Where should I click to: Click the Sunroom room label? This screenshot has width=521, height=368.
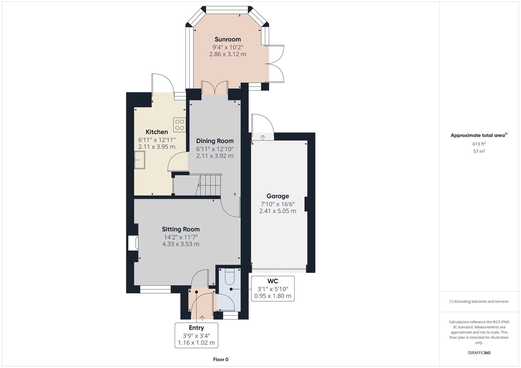click(x=228, y=39)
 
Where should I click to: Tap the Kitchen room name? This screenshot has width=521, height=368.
click(x=157, y=132)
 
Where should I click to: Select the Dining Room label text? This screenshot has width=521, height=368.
click(x=215, y=141)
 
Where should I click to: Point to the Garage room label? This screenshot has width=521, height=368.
click(x=278, y=196)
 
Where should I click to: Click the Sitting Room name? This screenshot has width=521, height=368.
click(x=181, y=229)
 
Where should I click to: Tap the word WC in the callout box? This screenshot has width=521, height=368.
click(x=273, y=281)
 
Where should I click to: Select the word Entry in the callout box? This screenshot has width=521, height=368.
click(x=196, y=328)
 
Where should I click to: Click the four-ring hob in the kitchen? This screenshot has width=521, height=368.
click(x=179, y=125)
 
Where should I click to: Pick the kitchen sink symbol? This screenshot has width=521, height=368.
click(x=140, y=160)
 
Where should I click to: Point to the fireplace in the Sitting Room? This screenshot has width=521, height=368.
click(x=133, y=243)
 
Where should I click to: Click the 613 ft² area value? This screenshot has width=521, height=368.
click(x=479, y=144)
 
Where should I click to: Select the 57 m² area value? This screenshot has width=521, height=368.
click(x=479, y=151)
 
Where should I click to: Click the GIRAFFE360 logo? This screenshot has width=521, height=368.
click(x=479, y=353)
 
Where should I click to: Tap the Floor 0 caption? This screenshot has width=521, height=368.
click(x=221, y=359)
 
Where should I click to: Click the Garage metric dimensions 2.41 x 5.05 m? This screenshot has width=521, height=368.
click(x=278, y=211)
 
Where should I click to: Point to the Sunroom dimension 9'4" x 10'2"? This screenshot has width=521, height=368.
click(x=228, y=47)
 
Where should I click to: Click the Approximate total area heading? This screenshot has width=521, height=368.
click(x=479, y=135)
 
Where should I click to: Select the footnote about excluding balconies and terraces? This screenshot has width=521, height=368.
click(x=479, y=302)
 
